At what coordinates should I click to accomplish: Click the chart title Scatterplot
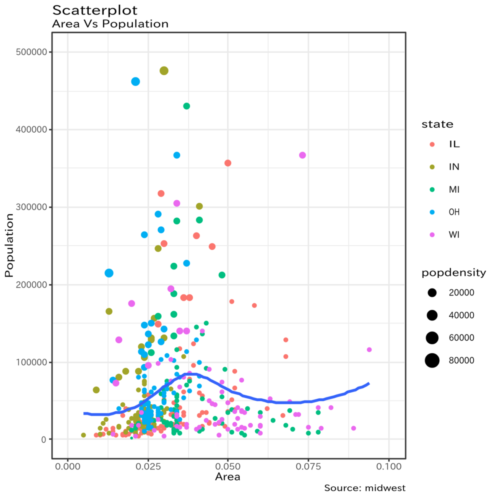tap(95, 10)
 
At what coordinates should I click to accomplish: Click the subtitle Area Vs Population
tap(110, 24)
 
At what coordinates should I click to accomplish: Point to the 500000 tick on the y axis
tap(31, 52)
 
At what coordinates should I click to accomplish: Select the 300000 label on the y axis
tap(31, 207)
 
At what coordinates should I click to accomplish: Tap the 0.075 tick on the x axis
tap(308, 466)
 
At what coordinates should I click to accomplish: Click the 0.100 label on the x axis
tap(389, 466)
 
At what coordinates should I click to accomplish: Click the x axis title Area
tap(227, 477)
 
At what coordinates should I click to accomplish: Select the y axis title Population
tap(9, 245)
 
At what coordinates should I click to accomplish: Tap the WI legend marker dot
tap(432, 235)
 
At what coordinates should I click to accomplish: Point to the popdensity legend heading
tap(454, 273)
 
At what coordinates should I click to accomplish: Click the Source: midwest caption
tap(365, 488)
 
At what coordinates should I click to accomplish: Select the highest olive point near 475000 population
tap(164, 71)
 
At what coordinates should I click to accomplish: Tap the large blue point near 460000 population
tap(135, 81)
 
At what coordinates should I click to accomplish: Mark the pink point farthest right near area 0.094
tap(369, 350)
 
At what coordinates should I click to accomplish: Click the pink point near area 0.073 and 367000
tap(302, 155)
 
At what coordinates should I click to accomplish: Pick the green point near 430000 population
tap(187, 106)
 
